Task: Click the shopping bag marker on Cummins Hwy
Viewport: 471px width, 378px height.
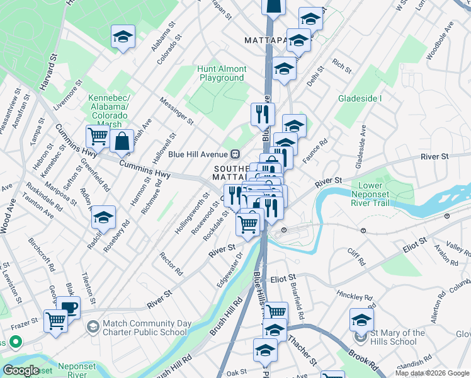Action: (x=122, y=141)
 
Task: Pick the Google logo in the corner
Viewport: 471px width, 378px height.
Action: (x=21, y=370)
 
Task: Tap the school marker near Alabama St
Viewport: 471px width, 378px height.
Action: (x=123, y=37)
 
